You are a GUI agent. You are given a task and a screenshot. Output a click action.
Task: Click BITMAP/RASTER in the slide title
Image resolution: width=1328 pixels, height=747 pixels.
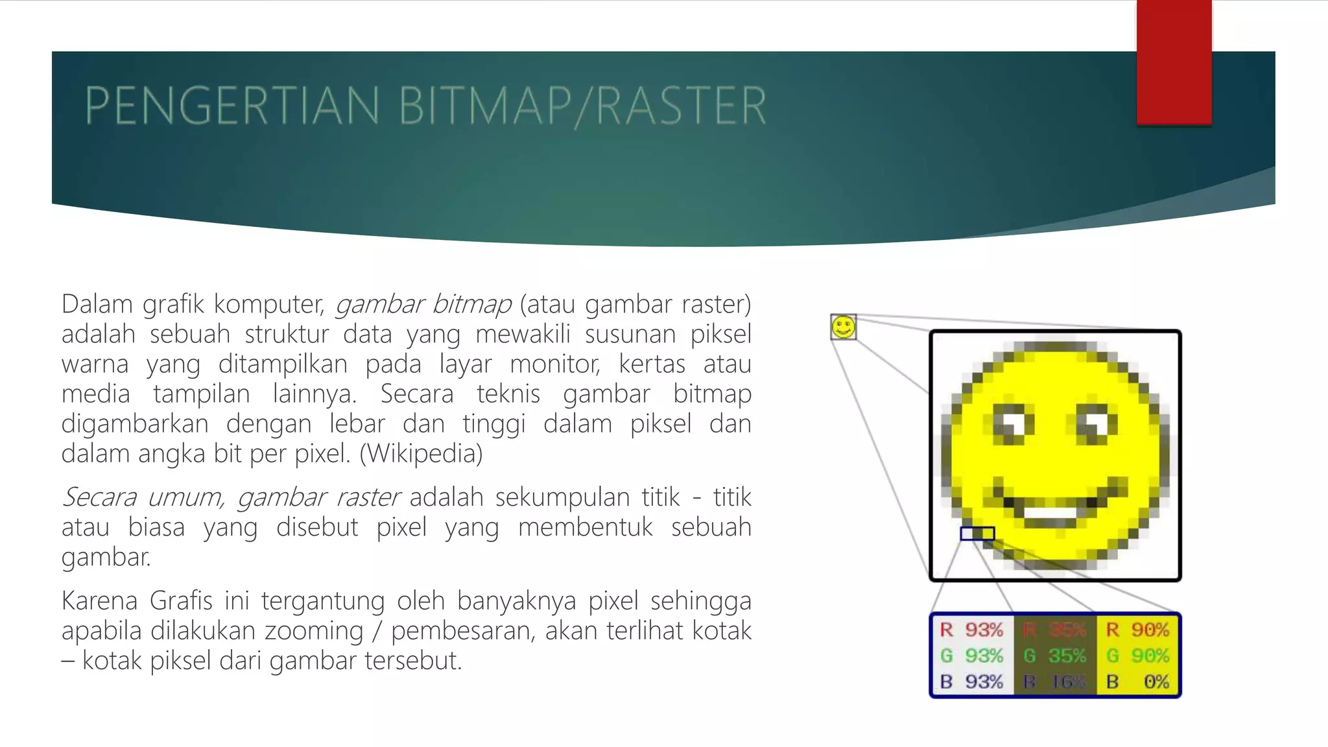coord(582,106)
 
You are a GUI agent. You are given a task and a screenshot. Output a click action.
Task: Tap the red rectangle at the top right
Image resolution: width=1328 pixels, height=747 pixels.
coord(1174,62)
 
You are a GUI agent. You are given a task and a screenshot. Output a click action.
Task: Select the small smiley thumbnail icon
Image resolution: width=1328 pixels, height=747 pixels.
coord(843,327)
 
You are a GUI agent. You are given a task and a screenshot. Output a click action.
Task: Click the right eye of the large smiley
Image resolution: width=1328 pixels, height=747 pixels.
coord(1097,424)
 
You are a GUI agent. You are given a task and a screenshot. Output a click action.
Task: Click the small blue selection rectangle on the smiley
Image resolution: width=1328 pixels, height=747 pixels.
coord(977,533)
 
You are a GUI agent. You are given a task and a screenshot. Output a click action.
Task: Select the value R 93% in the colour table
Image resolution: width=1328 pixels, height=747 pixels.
coord(971,630)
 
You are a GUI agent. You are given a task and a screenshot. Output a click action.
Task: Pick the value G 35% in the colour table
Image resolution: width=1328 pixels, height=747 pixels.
coord(1054,656)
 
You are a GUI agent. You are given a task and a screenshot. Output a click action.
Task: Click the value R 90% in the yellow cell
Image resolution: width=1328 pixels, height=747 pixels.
coord(1137,630)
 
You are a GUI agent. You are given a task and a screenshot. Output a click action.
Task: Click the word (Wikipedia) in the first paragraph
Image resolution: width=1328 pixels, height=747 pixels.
coord(421,453)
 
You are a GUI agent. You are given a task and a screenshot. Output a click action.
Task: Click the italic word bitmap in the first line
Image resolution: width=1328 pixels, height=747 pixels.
coord(471,304)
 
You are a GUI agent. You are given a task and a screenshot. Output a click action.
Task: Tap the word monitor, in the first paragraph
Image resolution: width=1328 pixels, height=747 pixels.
coord(555,364)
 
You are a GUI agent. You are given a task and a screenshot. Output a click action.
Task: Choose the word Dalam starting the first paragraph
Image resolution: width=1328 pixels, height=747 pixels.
coord(97,304)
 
